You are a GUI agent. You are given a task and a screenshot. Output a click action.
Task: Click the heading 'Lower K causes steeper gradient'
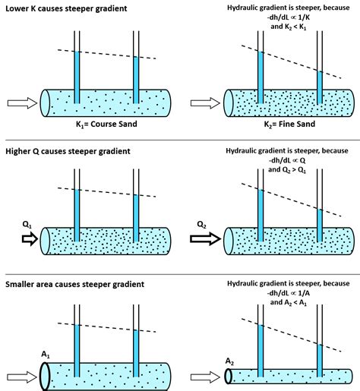point(66,8)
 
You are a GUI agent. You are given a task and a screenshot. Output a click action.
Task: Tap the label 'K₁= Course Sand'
point(106,125)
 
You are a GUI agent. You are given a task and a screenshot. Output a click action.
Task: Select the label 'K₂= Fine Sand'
point(289,125)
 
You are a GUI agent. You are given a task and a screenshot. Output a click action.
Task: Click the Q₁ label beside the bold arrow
point(27,225)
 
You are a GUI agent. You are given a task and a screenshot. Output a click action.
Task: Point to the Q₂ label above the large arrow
point(201,225)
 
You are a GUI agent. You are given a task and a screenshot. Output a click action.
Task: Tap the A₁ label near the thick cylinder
point(46,355)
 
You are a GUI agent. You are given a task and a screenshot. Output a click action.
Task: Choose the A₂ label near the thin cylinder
point(229,361)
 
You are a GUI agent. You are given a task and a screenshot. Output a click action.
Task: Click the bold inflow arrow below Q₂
point(205,239)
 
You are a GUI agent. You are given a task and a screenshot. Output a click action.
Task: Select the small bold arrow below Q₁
point(30,239)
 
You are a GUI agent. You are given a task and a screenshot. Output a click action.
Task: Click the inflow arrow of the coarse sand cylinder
point(22,103)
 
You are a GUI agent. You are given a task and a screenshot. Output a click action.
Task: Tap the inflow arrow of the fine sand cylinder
point(205,103)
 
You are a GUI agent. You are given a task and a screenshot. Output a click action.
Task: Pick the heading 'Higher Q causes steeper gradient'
point(68,151)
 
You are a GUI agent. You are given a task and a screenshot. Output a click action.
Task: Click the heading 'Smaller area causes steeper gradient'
point(74,284)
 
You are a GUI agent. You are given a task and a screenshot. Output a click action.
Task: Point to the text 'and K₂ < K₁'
point(289,27)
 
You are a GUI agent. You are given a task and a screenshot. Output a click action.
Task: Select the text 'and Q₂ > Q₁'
point(287,169)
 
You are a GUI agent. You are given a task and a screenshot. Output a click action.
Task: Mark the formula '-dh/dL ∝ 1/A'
point(289,293)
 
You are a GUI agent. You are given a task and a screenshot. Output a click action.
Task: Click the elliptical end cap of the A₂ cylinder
point(229,377)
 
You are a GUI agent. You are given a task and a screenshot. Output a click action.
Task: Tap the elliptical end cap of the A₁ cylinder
point(45,377)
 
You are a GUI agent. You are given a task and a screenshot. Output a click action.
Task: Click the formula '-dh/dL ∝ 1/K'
point(289,17)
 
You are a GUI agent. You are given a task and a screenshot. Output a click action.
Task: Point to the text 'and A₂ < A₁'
point(289,302)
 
